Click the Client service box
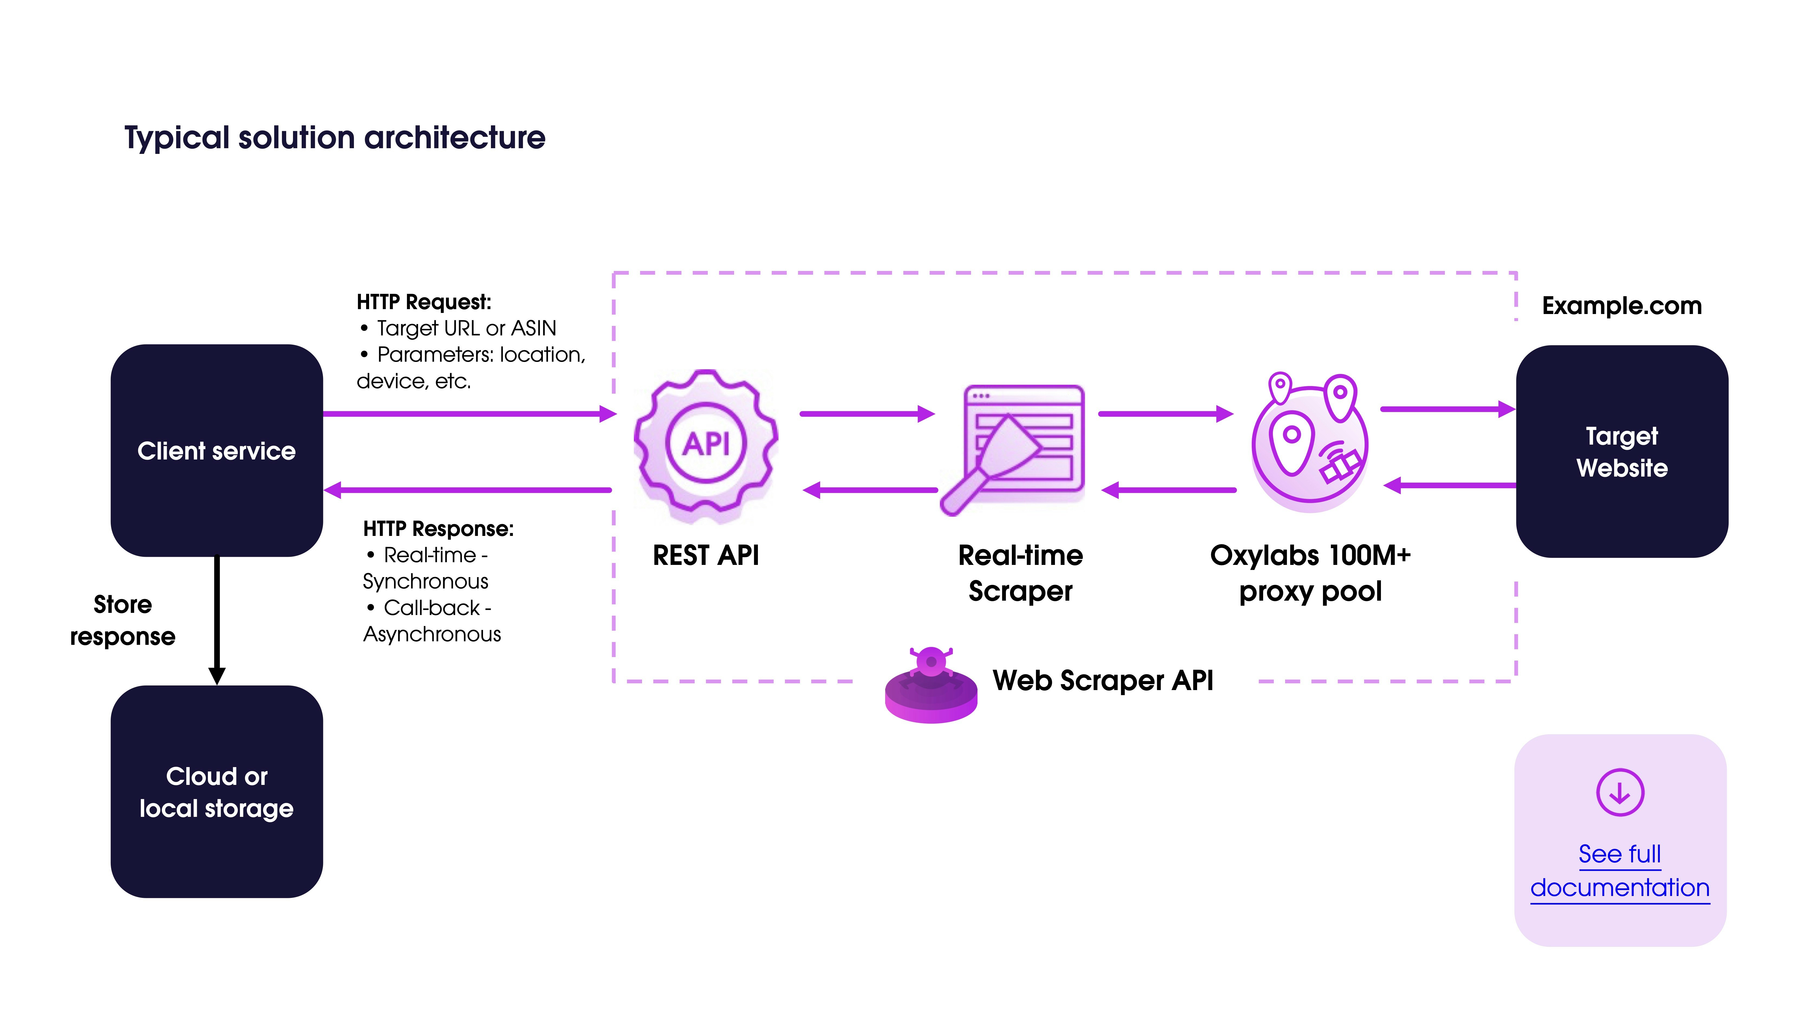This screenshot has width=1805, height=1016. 217,450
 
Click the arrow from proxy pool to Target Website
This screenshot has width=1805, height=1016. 1447,409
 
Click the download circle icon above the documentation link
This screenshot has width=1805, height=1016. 1619,792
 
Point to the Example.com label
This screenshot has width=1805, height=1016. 1621,306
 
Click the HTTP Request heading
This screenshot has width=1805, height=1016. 424,302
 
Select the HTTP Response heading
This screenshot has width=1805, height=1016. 438,529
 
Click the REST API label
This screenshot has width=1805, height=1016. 706,555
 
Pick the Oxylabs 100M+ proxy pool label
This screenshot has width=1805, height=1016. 1309,573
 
